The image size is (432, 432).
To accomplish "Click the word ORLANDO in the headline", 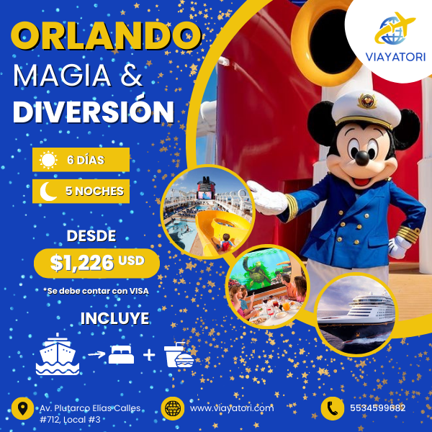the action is point(106,36).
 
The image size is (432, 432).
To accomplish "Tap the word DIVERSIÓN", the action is point(94,112).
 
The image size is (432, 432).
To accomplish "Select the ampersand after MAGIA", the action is point(132,75).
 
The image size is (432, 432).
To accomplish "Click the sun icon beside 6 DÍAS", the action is point(48,160).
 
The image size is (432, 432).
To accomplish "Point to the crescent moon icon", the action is point(48,192).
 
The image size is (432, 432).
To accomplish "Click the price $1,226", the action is point(82,263).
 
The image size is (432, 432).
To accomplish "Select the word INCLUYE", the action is point(115,318).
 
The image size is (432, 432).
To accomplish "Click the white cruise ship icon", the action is point(58,354).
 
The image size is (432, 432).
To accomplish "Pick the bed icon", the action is point(121,354).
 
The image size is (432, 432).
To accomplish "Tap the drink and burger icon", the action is point(179,355).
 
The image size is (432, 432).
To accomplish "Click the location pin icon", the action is point(22,408).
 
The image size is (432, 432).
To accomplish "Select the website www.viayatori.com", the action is point(232,408).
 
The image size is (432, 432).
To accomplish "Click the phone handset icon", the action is point(332,408).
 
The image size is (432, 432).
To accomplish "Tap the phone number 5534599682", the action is point(378,408).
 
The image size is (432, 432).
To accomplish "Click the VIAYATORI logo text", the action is point(395,58).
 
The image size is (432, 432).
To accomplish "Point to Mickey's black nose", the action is point(362,158).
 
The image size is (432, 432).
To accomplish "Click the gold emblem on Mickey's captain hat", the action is point(367,101).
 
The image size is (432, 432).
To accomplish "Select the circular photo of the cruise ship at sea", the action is point(356,314).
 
